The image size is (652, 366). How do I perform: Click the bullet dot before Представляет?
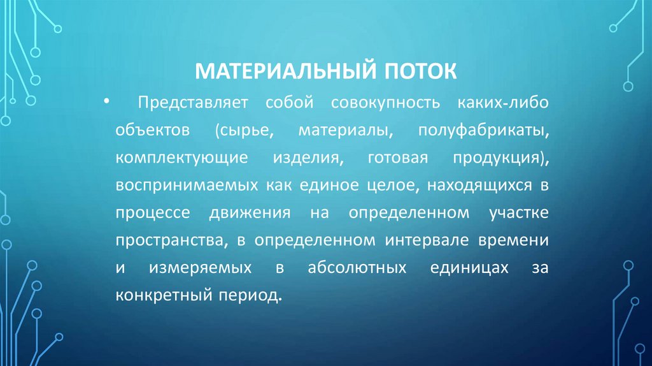pyautogui.click(x=104, y=102)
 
